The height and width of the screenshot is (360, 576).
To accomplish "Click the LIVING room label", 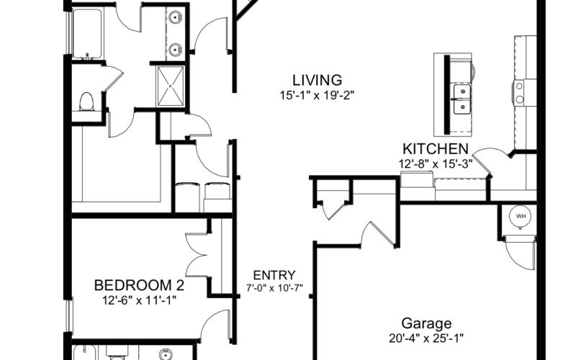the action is click(x=317, y=80).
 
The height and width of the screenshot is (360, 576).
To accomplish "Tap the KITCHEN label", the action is click(x=436, y=149).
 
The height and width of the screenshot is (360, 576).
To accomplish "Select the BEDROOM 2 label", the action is click(x=139, y=285).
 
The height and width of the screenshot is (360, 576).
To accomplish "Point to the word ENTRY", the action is click(x=274, y=275).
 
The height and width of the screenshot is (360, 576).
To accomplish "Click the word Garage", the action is click(x=426, y=323).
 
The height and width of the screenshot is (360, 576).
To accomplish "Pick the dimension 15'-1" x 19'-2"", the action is click(x=317, y=96).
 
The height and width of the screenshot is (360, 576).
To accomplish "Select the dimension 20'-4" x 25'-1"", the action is click(x=426, y=338).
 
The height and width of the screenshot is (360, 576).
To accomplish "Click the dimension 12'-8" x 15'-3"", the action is click(x=436, y=164).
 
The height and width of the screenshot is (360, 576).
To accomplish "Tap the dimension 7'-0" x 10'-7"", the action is click(x=274, y=287).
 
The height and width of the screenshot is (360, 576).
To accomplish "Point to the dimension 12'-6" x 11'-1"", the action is click(x=139, y=300).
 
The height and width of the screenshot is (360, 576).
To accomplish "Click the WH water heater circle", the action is click(x=521, y=217).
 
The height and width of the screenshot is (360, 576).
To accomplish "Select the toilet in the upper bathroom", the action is click(x=86, y=102).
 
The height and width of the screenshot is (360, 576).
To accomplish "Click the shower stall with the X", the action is click(x=171, y=86).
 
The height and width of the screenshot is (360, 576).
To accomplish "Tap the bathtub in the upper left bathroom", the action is click(x=87, y=34).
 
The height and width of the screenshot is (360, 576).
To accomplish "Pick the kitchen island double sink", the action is click(x=462, y=99).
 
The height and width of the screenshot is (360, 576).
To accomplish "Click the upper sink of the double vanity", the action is click(x=175, y=17).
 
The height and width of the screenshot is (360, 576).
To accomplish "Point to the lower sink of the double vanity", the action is click(x=175, y=48).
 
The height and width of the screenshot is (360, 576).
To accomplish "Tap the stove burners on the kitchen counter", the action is click(x=519, y=93).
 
